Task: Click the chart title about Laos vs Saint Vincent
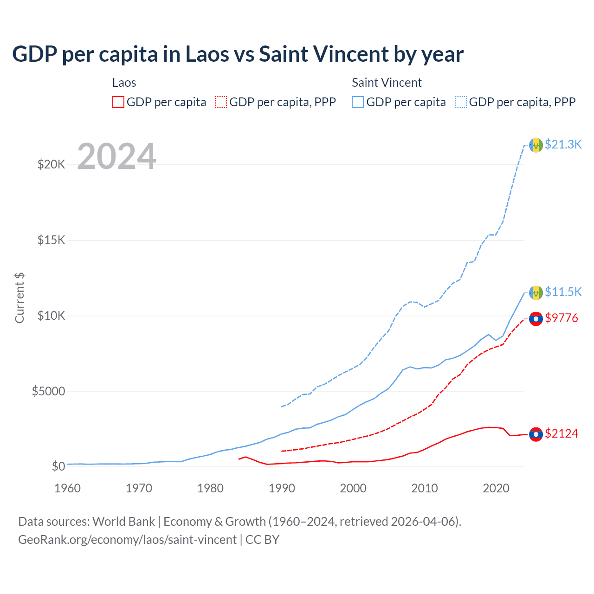pyautogui.click(x=238, y=54)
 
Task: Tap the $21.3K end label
pyautogui.click(x=563, y=144)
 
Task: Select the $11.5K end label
pyautogui.click(x=563, y=292)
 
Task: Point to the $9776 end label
pyautogui.click(x=562, y=318)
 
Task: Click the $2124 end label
pyautogui.click(x=562, y=433)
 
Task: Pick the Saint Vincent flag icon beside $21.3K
pyautogui.click(x=536, y=145)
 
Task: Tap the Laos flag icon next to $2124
pyautogui.click(x=536, y=434)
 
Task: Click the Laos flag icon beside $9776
pyautogui.click(x=536, y=319)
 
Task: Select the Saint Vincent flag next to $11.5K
pyautogui.click(x=536, y=293)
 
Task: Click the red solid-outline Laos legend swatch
pyautogui.click(x=118, y=102)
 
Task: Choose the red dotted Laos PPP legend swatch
pyautogui.click(x=221, y=102)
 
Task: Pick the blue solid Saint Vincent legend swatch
pyautogui.click(x=358, y=102)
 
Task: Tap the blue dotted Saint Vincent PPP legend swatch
pyautogui.click(x=461, y=102)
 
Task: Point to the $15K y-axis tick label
pyautogui.click(x=52, y=240)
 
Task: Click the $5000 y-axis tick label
pyautogui.click(x=48, y=391)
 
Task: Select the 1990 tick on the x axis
pyautogui.click(x=282, y=488)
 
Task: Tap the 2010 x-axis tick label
pyautogui.click(x=425, y=488)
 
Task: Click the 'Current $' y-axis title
pyautogui.click(x=19, y=298)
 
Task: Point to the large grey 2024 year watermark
pyautogui.click(x=117, y=156)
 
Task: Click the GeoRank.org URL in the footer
pyautogui.click(x=127, y=540)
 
